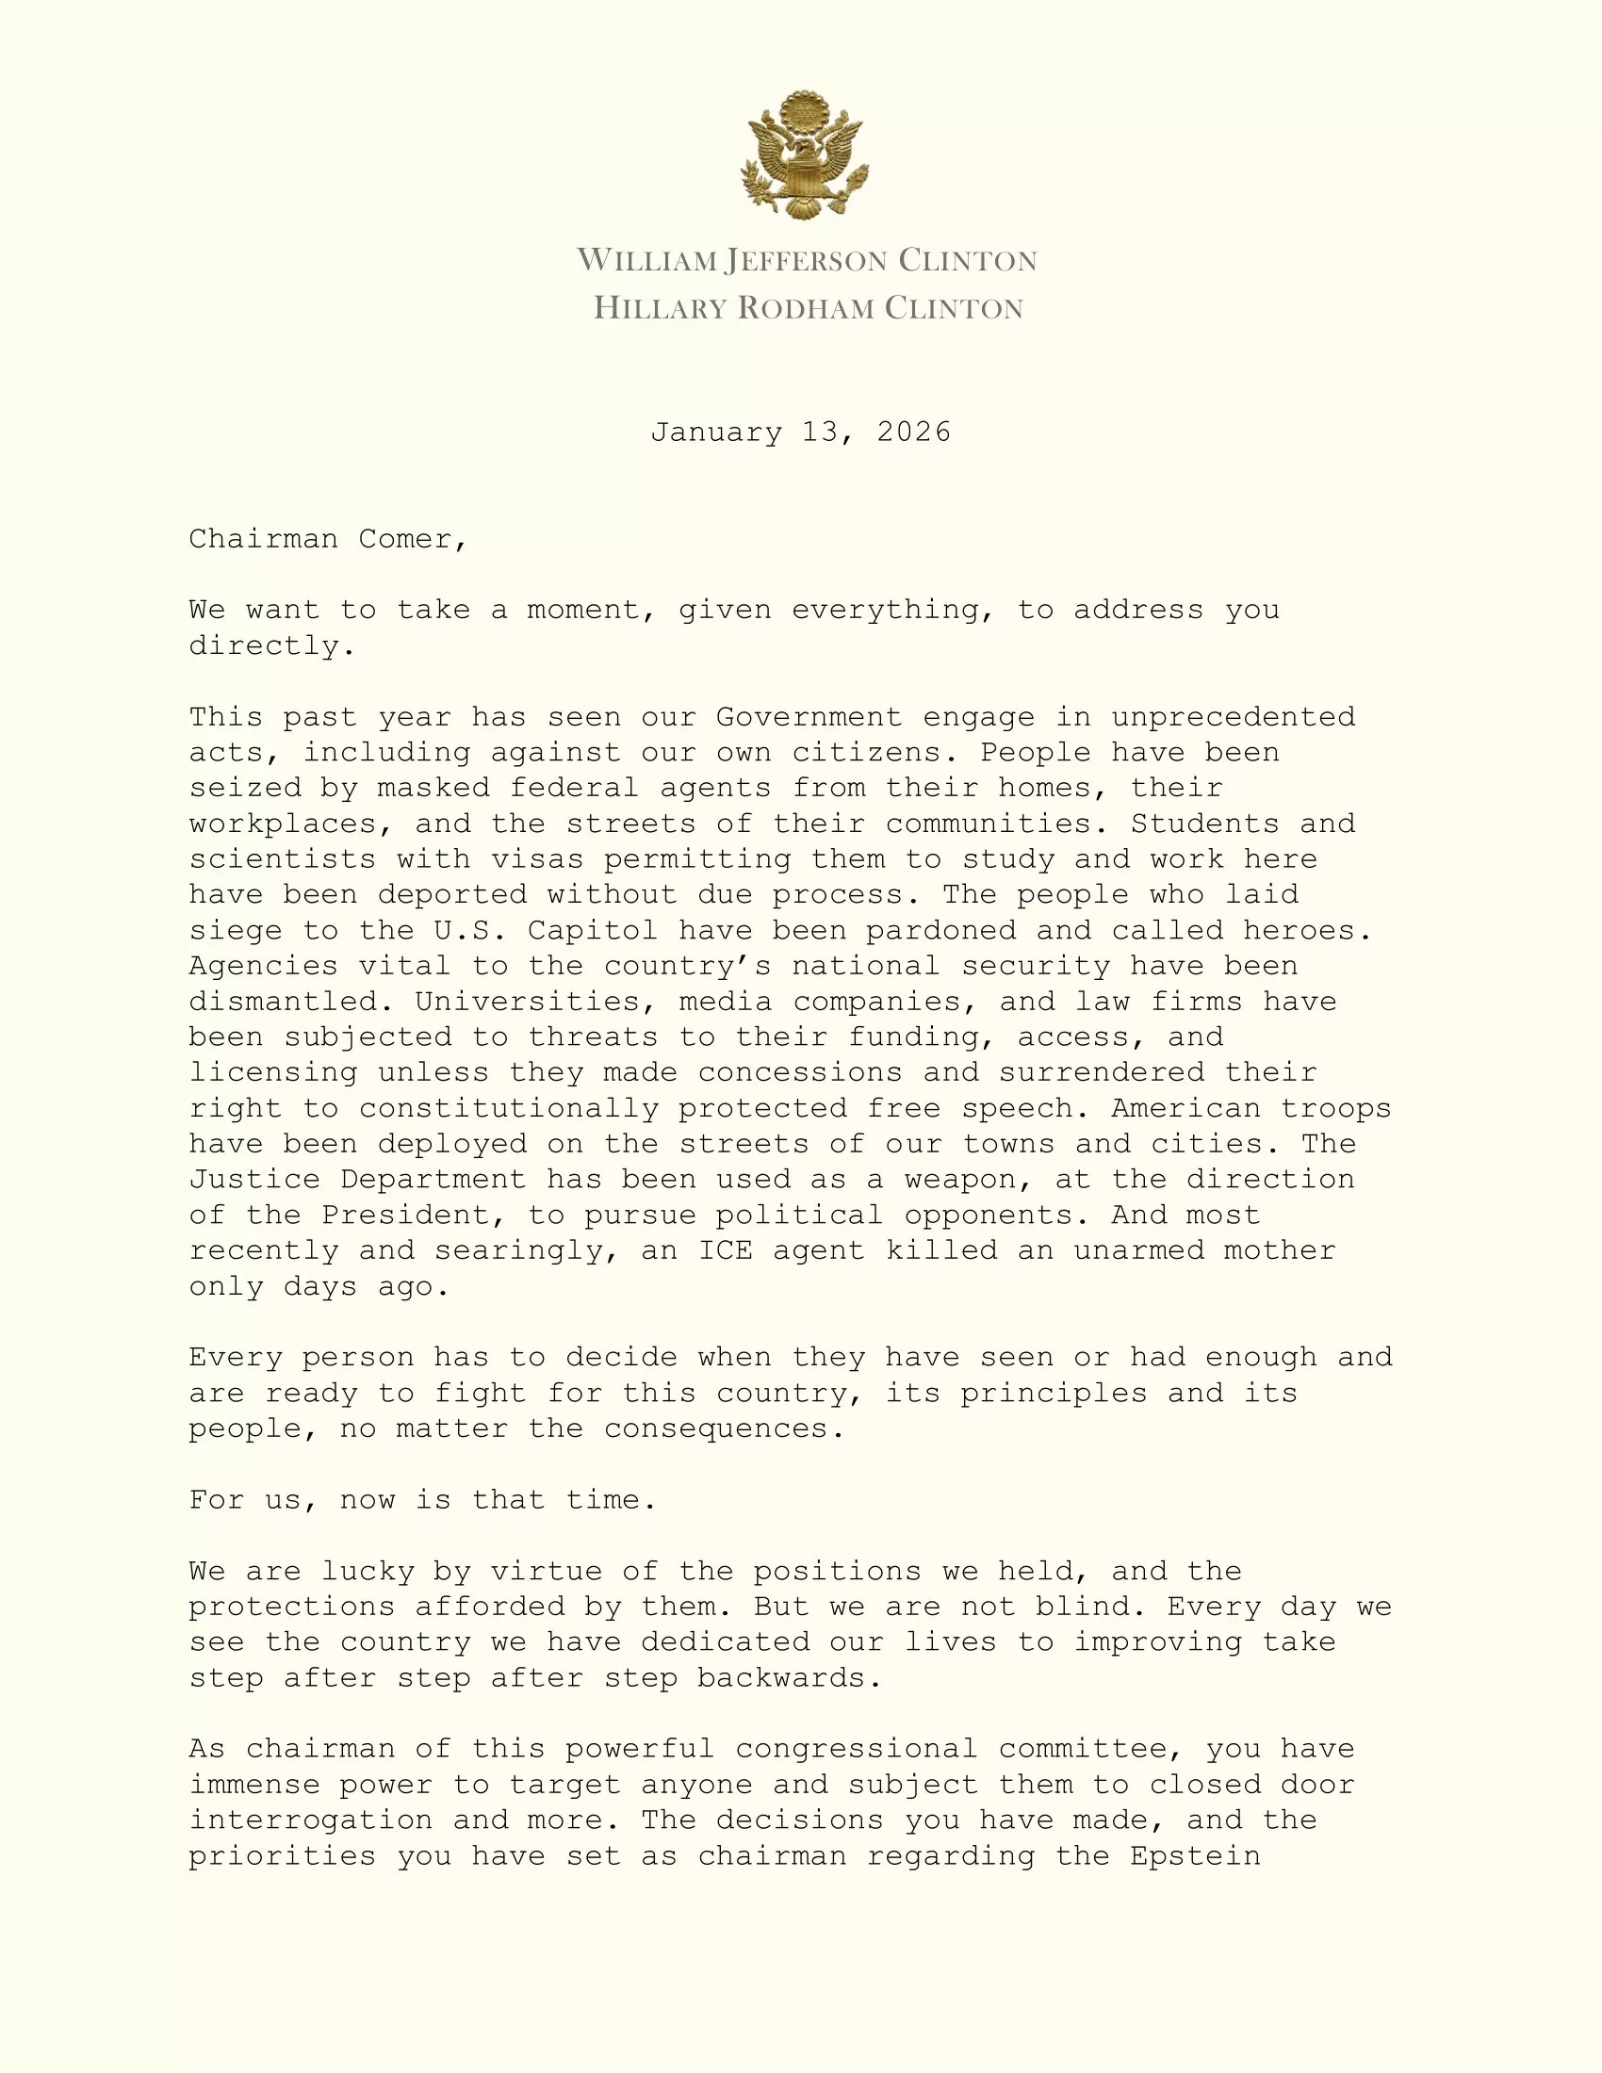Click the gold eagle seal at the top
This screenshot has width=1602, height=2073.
804,155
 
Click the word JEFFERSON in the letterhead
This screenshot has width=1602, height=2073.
806,261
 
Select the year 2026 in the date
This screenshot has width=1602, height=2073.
913,433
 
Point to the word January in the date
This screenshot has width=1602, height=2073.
716,433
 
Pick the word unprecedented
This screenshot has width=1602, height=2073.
1233,717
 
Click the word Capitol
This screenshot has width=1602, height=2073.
592,930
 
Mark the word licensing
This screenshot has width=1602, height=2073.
273,1072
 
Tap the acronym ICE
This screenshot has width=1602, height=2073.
725,1251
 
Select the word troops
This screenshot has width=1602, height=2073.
1335,1109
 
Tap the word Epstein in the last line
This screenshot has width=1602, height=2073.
1195,1855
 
